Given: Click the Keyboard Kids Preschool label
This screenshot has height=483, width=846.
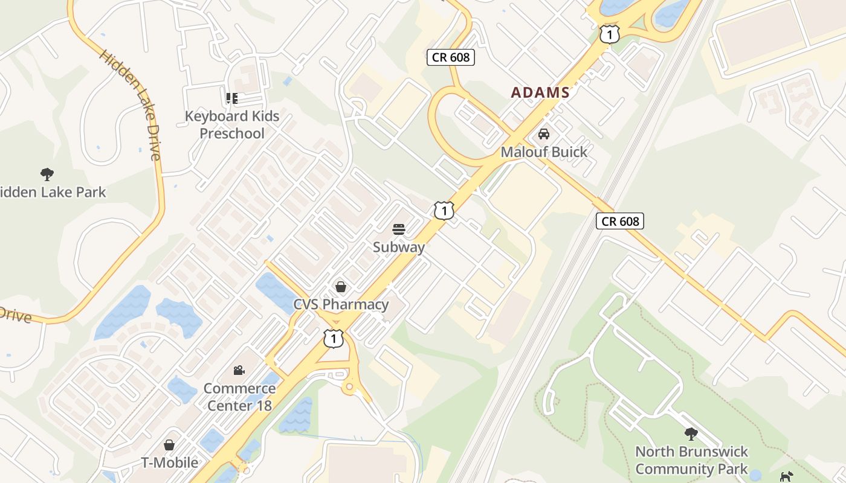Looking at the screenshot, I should [232, 124].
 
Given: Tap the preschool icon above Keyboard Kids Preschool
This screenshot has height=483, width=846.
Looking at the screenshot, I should [232, 98].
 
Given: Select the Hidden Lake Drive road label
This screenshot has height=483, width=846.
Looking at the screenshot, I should [131, 105].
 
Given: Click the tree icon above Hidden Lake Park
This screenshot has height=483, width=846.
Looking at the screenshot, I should [47, 175].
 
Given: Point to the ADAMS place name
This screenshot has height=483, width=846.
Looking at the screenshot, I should [540, 92].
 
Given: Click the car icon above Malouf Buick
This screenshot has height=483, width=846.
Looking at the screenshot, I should [544, 134].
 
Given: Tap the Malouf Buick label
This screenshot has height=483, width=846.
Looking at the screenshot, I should [544, 152].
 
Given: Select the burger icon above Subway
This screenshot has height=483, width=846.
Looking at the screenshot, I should [398, 229].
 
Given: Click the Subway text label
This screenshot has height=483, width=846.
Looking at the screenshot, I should [398, 247].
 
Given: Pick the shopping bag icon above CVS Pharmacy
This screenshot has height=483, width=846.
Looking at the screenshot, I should [341, 286].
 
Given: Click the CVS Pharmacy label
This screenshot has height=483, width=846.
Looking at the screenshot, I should [341, 304].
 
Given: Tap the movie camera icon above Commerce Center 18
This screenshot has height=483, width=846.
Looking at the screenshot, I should [239, 370].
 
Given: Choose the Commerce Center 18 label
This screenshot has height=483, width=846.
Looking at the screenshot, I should [239, 397].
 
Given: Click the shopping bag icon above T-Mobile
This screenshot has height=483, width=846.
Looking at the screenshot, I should [169, 445].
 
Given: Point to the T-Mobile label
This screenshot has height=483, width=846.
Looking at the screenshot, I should [169, 463].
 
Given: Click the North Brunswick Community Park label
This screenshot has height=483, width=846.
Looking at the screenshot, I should [691, 460].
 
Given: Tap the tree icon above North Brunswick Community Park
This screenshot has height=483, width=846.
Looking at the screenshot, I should [691, 433].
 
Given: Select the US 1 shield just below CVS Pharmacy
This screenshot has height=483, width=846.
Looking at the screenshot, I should [334, 338].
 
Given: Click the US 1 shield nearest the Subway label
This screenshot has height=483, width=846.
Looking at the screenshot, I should [444, 211].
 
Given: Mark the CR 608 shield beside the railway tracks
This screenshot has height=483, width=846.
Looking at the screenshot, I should [620, 221].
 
